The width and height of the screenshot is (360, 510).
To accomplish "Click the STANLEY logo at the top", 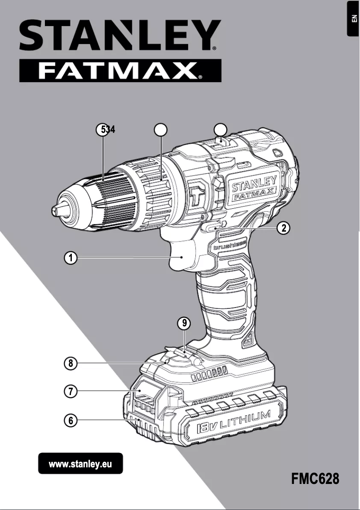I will click(119, 36).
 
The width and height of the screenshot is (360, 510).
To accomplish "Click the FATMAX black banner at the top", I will click(120, 71).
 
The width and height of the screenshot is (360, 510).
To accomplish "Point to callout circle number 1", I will click(70, 258).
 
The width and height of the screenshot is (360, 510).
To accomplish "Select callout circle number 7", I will click(70, 391).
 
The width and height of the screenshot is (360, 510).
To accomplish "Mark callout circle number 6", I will click(70, 421).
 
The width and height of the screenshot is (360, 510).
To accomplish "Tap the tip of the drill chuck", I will click(55, 210).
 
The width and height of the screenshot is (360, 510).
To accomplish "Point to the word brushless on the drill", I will click(228, 244).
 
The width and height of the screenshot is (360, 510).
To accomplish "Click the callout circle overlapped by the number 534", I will click(103, 129).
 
